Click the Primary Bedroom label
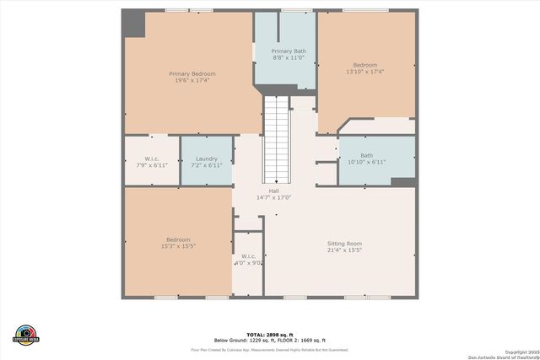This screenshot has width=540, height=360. [192, 73]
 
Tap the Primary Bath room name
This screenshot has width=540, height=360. [289, 51]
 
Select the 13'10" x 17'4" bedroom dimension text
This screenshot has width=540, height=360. [364, 73]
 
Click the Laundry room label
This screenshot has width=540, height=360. [207, 159]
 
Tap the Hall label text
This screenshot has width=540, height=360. [274, 191]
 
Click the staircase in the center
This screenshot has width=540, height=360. [276, 139]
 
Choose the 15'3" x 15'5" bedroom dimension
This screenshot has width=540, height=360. [178, 246]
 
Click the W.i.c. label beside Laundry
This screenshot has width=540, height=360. [152, 159]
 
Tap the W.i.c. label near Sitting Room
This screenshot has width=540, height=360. [249, 256]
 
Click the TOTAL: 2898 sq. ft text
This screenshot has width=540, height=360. [269, 335]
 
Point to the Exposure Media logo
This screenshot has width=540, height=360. [27, 333]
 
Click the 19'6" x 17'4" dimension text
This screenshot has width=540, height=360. [192, 80]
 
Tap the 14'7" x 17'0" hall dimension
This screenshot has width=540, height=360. [274, 198]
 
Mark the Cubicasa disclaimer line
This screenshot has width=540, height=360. [270, 349]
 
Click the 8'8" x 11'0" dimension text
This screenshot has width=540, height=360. [289, 58]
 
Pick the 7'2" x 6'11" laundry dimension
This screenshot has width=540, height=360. [207, 165]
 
